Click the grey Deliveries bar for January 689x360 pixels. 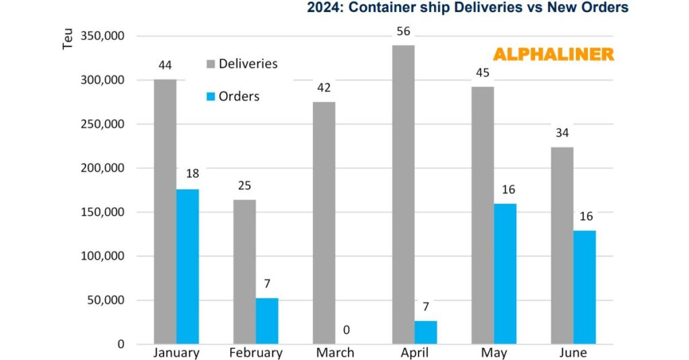(165, 211)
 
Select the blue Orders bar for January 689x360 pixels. (188, 266)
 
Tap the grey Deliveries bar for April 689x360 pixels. (403, 194)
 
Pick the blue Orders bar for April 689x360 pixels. (426, 332)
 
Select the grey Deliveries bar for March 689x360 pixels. (324, 223)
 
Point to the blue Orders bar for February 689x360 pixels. (267, 321)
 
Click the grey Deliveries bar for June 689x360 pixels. (562, 245)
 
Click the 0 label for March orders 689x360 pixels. (347, 330)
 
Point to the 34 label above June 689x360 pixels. (561, 132)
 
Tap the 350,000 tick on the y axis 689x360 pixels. (102, 36)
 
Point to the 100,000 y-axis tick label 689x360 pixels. (102, 256)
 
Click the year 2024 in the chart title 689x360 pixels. (324, 8)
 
